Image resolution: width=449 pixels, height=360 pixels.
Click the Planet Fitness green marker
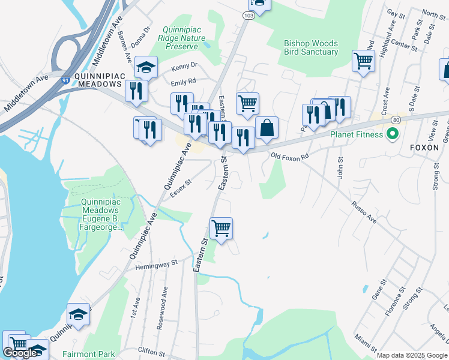393,134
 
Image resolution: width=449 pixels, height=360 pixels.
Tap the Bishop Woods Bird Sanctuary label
311,48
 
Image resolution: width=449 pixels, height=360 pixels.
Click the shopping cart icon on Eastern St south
221,229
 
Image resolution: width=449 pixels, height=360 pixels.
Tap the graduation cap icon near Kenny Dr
145,67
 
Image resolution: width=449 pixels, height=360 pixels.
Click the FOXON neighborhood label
425,147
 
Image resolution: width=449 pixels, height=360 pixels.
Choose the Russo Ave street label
364,212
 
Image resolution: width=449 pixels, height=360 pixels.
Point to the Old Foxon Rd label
290,156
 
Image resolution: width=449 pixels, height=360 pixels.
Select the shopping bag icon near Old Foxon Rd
267,128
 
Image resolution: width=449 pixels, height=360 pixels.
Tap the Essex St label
180,189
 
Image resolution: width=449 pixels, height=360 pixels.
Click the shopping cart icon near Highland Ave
363,60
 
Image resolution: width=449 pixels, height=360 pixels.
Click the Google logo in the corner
20,353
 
